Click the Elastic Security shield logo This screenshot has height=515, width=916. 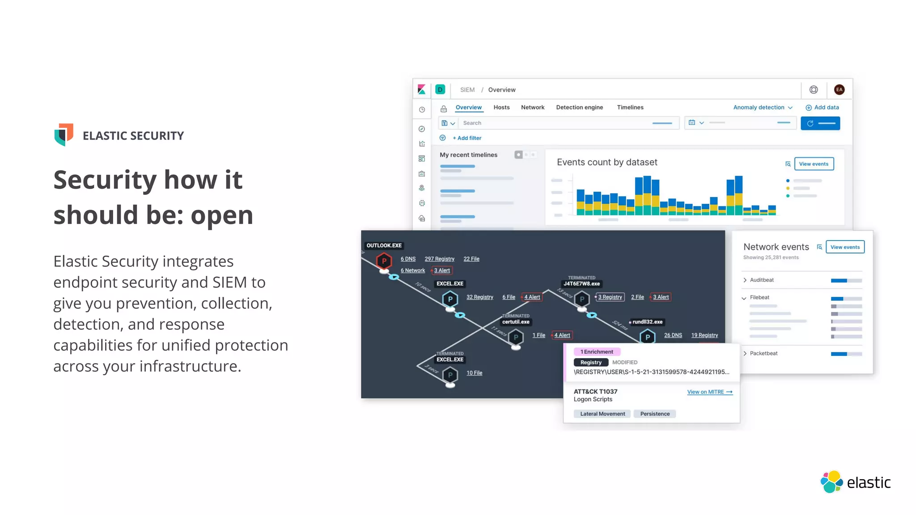coord(64,135)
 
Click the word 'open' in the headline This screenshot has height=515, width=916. coord(222,215)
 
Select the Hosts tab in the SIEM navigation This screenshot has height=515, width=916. coord(501,107)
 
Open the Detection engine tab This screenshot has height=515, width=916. coord(579,107)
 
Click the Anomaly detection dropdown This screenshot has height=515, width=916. coord(762,107)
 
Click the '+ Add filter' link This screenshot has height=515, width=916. coord(466,138)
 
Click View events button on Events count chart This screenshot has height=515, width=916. coord(814,164)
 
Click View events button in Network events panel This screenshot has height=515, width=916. coord(845,247)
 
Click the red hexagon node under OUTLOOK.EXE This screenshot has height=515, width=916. coord(384,261)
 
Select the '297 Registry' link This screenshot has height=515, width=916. coord(439,259)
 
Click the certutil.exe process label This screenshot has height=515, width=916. coord(516,322)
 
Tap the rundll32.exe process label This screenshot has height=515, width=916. coord(647,322)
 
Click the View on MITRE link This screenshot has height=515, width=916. coord(709,392)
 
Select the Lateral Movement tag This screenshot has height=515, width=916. coord(602,414)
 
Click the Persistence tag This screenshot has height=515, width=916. coord(655,414)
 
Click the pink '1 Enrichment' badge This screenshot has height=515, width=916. coord(597,352)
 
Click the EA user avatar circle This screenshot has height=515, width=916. coord(839,90)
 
